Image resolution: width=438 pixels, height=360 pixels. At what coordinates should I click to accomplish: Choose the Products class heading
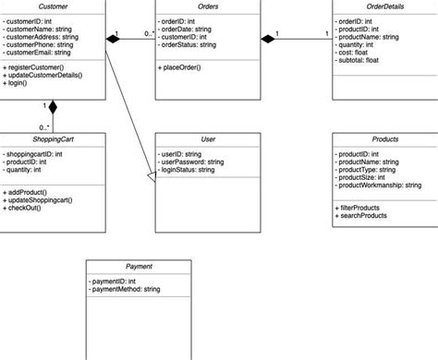384,138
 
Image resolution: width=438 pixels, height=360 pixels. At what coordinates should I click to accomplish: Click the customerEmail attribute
41,54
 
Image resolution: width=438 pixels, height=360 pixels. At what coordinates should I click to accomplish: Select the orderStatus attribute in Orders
188,44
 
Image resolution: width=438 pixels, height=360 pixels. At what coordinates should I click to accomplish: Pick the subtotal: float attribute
362,61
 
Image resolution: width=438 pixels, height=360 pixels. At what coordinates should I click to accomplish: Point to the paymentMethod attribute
126,290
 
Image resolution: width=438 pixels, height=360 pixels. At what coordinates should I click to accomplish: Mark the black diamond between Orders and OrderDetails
268,38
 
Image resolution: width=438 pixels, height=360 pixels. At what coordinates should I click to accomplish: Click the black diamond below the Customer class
53,107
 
